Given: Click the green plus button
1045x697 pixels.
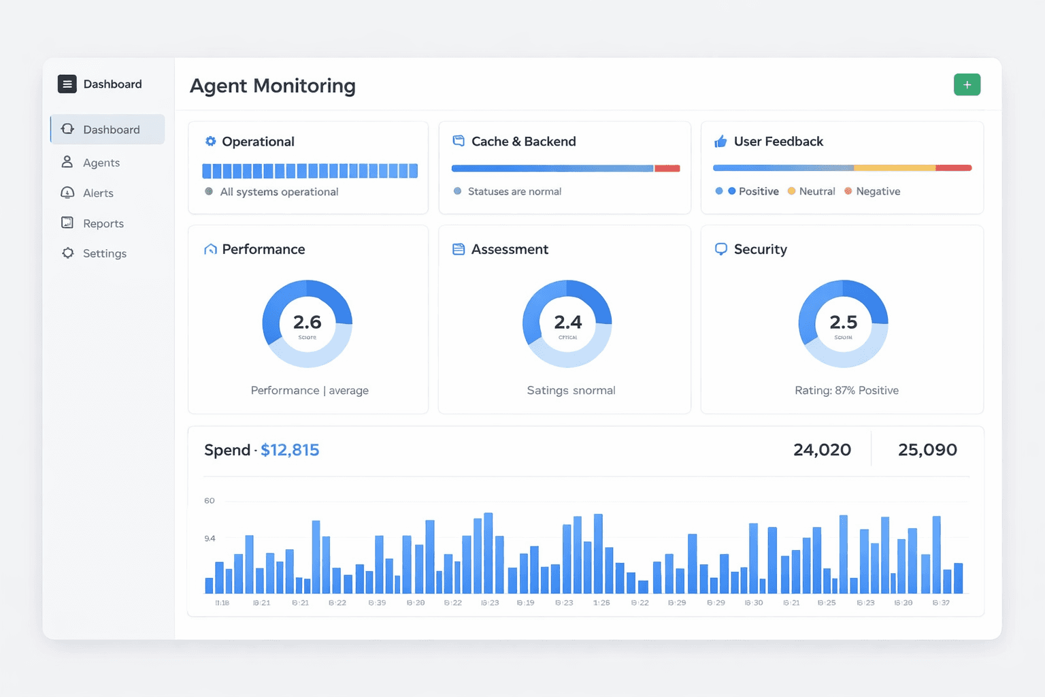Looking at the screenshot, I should [x=967, y=85].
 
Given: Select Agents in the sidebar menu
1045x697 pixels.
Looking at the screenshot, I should [x=101, y=163].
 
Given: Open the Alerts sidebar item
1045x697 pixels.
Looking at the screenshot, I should [x=98, y=193].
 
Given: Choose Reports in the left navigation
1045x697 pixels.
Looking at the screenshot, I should [x=103, y=223].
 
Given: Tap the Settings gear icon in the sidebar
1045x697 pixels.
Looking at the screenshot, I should [x=68, y=253].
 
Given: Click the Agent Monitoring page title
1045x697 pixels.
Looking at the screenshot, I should [x=272, y=86].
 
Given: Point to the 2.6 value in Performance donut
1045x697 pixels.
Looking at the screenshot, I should [x=307, y=322].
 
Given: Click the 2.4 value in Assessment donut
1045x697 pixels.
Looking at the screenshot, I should [x=567, y=322].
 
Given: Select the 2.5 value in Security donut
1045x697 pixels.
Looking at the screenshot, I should [x=843, y=322].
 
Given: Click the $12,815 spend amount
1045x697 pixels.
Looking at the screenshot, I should [x=290, y=450].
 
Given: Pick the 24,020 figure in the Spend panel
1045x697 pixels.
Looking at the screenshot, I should [x=822, y=450].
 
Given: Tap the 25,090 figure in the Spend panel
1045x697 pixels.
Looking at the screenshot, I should [x=927, y=450].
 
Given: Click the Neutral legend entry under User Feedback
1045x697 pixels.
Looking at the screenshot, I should [x=816, y=191].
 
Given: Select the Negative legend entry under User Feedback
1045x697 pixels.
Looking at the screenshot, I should [x=878, y=191].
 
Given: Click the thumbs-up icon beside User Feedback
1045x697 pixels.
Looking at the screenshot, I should [x=720, y=142].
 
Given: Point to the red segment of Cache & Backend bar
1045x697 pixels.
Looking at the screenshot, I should [x=667, y=168].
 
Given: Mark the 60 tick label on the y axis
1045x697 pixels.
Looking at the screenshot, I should [x=210, y=501].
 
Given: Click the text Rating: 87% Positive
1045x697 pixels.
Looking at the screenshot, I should [x=846, y=391].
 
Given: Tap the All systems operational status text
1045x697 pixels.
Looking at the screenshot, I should [x=279, y=192].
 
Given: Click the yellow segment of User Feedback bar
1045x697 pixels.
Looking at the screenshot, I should [x=894, y=167].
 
